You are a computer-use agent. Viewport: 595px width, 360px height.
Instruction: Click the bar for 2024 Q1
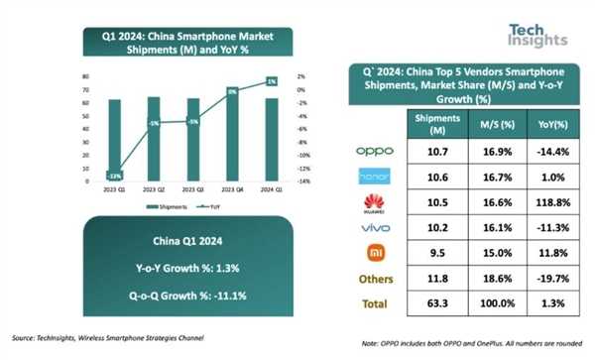pos(271,139)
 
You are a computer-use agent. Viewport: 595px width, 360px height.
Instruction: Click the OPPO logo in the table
pos(373,151)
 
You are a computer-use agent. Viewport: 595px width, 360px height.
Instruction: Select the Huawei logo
pos(373,202)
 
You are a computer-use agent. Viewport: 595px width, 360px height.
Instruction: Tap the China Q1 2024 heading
pos(187,239)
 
